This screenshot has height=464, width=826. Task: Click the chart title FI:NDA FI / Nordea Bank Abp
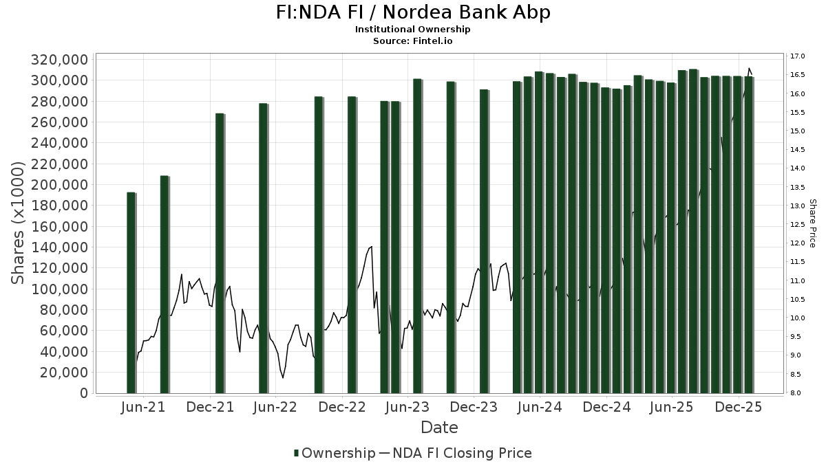tap(412, 13)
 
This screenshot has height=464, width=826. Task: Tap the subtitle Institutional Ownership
tap(412, 30)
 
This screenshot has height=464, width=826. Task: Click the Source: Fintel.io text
tap(412, 41)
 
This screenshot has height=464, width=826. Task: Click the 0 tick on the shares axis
tap(83, 393)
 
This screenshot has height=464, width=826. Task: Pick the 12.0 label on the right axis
tap(798, 243)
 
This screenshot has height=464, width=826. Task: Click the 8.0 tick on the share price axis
tap(798, 393)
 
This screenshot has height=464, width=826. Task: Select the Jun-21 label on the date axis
tap(143, 408)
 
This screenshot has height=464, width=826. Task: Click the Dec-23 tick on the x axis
tap(474, 408)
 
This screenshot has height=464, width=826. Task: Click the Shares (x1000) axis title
tap(19, 223)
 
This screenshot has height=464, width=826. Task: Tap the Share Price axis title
tap(813, 223)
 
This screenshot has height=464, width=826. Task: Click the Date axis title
tap(439, 428)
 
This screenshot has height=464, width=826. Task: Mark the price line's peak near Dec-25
tap(749, 68)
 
